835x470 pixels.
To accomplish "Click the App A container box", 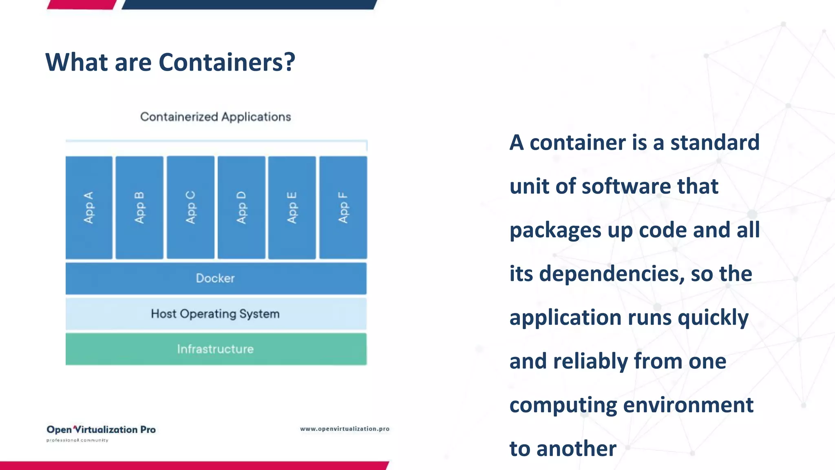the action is point(89,207).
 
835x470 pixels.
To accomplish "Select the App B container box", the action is point(139,207).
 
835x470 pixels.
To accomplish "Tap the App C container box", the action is point(190,207).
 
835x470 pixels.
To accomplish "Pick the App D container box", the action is point(241,207).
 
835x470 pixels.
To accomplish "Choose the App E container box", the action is point(292,207).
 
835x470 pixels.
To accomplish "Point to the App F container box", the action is point(343,207).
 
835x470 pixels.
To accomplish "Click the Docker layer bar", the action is point(216,278).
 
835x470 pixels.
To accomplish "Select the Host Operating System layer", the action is point(216,314).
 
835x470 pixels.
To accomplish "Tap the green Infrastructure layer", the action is point(216,349).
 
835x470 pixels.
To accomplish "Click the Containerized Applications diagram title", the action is point(215,117).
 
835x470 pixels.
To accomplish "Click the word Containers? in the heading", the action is point(227,62).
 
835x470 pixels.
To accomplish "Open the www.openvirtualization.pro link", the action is point(345,429).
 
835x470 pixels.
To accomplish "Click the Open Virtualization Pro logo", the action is point(101,430).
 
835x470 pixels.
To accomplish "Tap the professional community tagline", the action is point(77,440).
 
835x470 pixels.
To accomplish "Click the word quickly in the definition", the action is point(713,318).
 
